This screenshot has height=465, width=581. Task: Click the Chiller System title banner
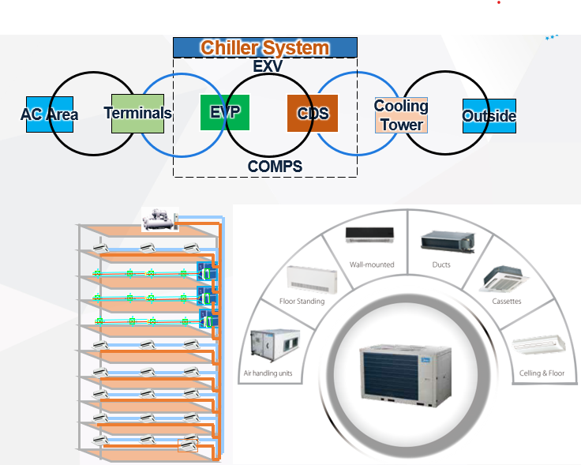(264, 47)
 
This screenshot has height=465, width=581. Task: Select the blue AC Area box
(49, 114)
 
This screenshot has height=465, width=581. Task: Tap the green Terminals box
(137, 113)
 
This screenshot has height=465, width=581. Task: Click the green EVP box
(225, 112)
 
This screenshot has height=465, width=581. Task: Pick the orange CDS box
(313, 113)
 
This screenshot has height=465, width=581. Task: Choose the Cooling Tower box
(401, 115)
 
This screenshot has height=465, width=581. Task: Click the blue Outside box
(489, 116)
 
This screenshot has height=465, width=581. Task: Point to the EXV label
(268, 66)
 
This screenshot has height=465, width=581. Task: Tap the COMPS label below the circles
(275, 167)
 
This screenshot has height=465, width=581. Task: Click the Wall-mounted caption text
(371, 264)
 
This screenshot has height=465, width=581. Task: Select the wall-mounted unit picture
(370, 234)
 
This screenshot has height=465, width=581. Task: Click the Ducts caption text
(441, 264)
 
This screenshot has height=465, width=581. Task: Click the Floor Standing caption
(302, 301)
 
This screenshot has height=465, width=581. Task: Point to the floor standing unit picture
(305, 278)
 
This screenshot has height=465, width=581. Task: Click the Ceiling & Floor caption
(542, 373)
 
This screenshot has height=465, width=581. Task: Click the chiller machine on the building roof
(159, 219)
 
